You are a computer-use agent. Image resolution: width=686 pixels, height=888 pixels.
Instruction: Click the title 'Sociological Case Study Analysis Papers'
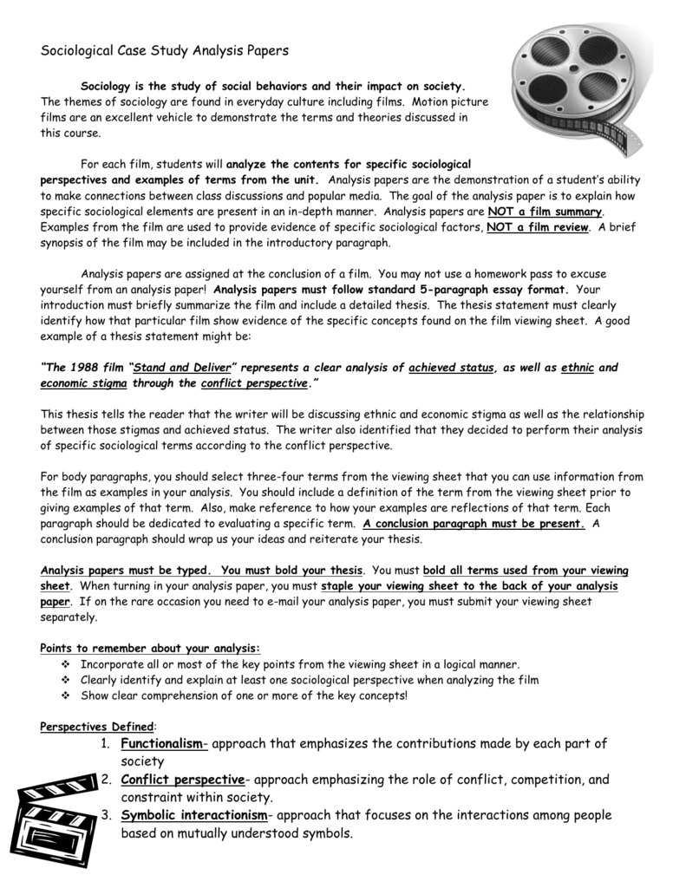[165, 51]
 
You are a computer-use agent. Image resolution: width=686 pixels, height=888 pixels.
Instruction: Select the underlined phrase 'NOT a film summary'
[546, 212]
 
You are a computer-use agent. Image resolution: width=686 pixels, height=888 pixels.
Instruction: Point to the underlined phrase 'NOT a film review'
[538, 227]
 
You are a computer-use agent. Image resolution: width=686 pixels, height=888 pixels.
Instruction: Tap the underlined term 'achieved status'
[450, 368]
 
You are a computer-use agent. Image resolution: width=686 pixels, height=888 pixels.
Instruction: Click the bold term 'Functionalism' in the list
[164, 743]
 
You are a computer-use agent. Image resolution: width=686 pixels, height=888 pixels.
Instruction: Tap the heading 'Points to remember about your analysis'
[150, 648]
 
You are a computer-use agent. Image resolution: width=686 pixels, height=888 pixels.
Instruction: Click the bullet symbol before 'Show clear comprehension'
[68, 695]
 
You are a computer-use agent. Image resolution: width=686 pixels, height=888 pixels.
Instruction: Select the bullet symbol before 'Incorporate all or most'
[68, 664]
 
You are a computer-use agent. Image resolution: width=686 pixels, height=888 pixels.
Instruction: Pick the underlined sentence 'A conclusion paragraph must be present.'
[474, 524]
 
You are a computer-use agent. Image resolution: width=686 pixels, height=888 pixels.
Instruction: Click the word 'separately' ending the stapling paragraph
[70, 617]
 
